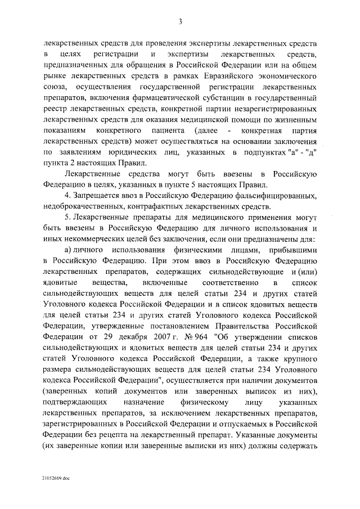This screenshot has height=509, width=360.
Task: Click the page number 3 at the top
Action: [180, 22]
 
